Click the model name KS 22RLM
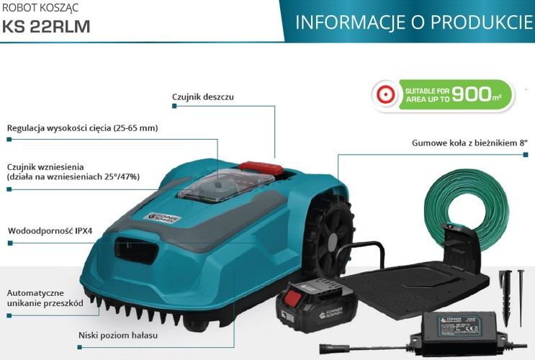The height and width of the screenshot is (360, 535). click(x=46, y=27)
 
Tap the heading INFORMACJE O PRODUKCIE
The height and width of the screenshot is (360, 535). click(x=414, y=22)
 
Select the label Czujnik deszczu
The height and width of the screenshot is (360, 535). click(x=203, y=96)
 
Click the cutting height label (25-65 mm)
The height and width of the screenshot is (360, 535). click(x=83, y=128)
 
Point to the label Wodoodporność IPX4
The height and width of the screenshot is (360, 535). click(x=50, y=230)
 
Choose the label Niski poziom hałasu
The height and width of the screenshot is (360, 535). click(x=118, y=335)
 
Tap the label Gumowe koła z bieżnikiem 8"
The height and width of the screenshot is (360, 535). click(x=469, y=143)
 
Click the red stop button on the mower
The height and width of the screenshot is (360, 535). click(x=261, y=168)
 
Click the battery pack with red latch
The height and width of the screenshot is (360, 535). click(x=318, y=305)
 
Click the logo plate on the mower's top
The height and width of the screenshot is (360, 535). click(x=165, y=218)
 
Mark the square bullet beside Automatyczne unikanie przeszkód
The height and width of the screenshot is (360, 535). click(x=9, y=315)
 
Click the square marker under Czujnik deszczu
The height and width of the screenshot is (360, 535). click(x=174, y=106)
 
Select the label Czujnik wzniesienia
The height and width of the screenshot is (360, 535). click(x=45, y=167)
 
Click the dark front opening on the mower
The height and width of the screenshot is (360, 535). click(x=137, y=250)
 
